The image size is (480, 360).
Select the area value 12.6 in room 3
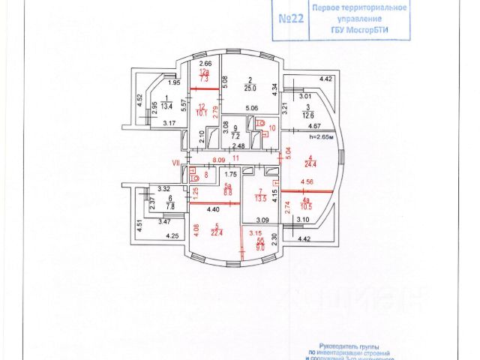pos(305,115)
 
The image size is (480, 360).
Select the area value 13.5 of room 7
pos(261,199)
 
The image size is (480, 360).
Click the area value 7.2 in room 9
pos(235,137)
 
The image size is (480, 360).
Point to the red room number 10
pos(272,128)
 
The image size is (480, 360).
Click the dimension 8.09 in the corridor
pos(218,159)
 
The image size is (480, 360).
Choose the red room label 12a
pos(204,71)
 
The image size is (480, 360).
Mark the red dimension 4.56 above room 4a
pos(307,181)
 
